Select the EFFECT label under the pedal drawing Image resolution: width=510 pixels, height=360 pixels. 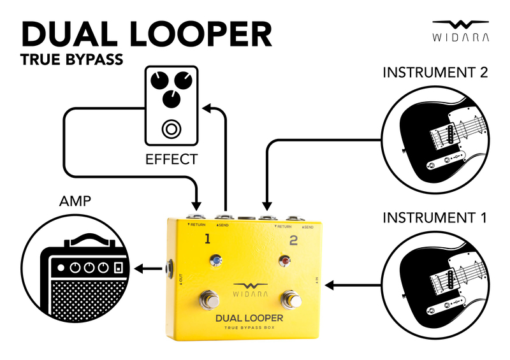click(x=171, y=159)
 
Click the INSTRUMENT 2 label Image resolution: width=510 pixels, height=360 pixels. click(x=435, y=72)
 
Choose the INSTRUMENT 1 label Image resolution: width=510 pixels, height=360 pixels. click(x=435, y=218)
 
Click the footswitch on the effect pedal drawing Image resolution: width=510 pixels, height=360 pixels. click(x=170, y=129)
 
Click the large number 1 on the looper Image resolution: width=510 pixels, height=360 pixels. click(x=207, y=240)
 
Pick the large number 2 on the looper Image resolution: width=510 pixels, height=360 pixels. click(x=293, y=240)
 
